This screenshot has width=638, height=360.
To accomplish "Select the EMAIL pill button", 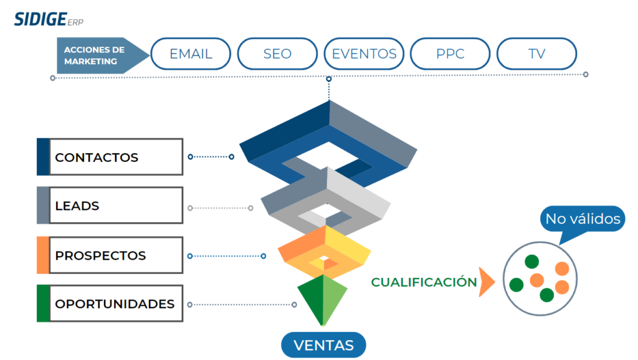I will tap(191, 54).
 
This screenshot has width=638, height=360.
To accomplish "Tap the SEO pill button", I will tap(277, 54).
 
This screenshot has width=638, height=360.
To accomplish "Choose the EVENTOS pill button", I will tap(364, 54).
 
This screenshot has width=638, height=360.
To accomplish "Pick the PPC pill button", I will tap(450, 54).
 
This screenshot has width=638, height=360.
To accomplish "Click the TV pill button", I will tap(536, 54).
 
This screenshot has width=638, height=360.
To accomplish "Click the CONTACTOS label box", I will tap(115, 157).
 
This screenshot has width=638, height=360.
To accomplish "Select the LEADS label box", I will tap(115, 206).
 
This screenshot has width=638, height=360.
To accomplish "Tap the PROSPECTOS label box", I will tap(115, 255).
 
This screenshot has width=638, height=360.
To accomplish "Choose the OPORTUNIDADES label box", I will tap(115, 304).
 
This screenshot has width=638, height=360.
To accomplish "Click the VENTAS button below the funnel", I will tap(323, 345).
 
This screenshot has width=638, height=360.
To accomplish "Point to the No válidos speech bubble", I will tap(583, 219).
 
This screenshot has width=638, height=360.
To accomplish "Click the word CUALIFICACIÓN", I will tap(424, 282).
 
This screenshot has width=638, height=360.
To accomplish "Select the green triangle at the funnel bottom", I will tap(322, 299).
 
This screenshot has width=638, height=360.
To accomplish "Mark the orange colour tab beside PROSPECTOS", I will tap(42, 255).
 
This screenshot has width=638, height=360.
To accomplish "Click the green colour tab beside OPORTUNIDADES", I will tap(42, 304).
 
